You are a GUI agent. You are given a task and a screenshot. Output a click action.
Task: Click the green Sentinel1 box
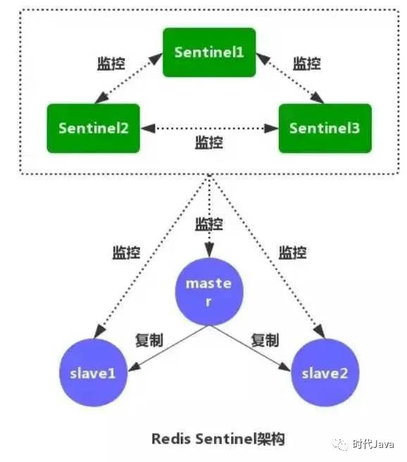[x=209, y=53]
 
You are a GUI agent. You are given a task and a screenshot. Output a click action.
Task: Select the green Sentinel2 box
[x=93, y=128]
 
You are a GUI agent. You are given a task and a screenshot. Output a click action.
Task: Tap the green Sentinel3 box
[x=325, y=128]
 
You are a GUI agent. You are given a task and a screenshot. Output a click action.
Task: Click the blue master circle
[x=209, y=292]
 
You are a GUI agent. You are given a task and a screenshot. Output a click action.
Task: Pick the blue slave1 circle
[x=93, y=373]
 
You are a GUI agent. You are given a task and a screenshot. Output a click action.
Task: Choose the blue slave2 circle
[x=325, y=373]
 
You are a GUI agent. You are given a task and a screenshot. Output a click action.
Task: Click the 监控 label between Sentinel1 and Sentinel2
[x=111, y=63]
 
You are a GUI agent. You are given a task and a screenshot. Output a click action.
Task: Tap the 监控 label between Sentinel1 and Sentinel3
[x=306, y=63]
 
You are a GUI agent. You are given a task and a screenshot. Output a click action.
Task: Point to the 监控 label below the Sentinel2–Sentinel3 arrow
[x=209, y=142]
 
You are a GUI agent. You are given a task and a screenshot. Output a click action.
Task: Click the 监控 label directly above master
[x=209, y=224]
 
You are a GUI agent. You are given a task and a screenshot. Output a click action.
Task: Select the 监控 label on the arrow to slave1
[x=126, y=252]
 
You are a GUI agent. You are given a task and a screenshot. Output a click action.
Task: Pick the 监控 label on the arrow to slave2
[x=293, y=252]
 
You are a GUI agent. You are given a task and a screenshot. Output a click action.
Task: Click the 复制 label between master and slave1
[x=149, y=340]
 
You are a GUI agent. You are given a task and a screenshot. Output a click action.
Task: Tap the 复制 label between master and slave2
[x=265, y=340]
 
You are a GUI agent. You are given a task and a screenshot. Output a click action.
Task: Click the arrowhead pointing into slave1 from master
[x=133, y=367]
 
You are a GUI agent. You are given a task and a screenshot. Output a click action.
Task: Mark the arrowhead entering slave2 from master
[x=284, y=367]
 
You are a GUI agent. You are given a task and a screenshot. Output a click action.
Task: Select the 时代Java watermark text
[x=373, y=444]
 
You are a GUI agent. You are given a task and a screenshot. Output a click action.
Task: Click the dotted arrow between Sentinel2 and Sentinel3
[x=209, y=129]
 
